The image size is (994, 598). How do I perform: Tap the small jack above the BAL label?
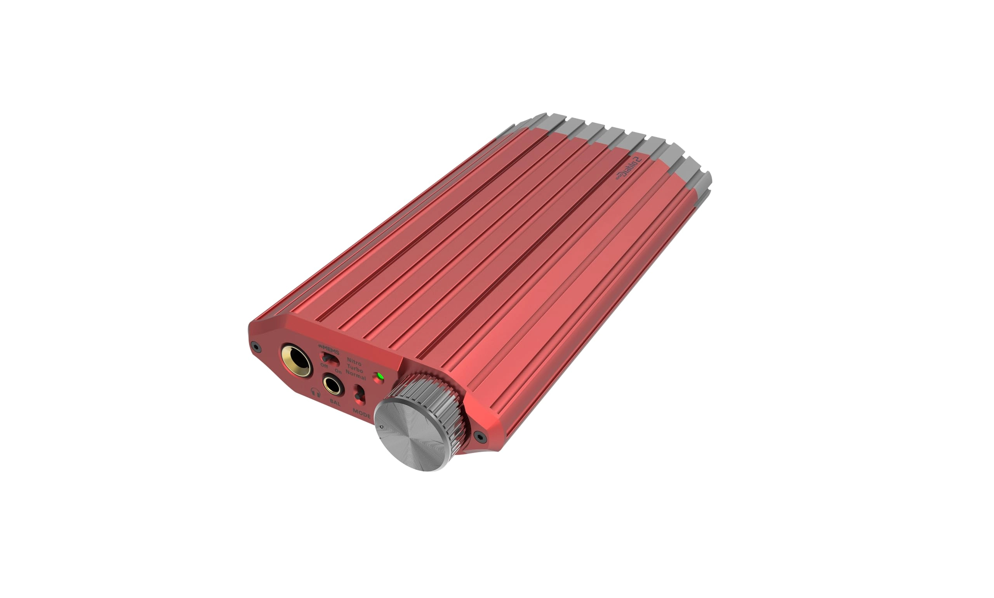(x=333, y=384)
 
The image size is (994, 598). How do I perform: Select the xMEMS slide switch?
(x=329, y=358)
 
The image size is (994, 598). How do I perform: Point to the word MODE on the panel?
(x=361, y=413)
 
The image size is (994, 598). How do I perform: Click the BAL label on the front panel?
(x=335, y=402)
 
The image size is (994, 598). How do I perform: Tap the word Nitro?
(x=354, y=363)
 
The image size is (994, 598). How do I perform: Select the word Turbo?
(x=355, y=370)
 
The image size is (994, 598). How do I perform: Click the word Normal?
(x=356, y=377)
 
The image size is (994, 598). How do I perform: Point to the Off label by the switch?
(x=324, y=365)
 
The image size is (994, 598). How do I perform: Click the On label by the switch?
(x=338, y=372)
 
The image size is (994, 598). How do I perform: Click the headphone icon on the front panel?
(x=316, y=393)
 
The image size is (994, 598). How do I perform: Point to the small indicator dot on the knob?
(x=381, y=427)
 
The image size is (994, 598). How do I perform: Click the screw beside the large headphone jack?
(x=255, y=346)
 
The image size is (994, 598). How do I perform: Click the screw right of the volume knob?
(x=479, y=436)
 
